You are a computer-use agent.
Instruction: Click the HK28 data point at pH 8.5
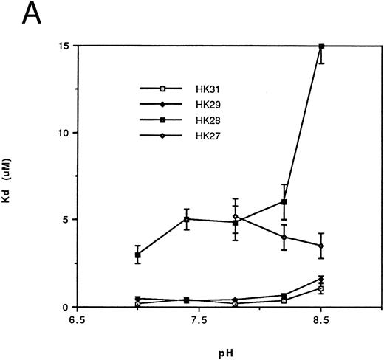pyautogui.click(x=321, y=46)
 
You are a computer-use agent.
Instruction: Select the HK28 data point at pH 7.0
pyautogui.click(x=137, y=255)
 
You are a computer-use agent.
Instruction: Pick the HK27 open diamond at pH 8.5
pyautogui.click(x=321, y=246)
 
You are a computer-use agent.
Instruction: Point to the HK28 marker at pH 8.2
pyautogui.click(x=284, y=201)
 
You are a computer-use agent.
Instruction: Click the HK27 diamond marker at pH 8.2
pyautogui.click(x=284, y=237)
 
